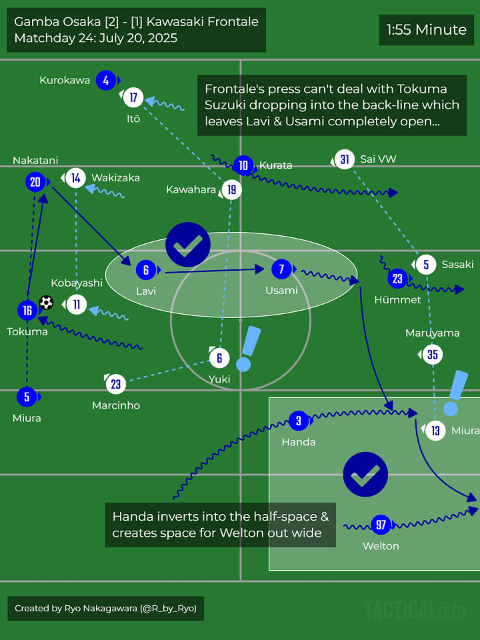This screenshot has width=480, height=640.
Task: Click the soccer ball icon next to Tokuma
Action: tap(46, 303)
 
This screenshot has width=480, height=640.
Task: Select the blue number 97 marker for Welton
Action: tap(381, 525)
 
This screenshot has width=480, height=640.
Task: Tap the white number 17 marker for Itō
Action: tap(133, 98)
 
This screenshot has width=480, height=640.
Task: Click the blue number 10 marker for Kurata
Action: tap(243, 165)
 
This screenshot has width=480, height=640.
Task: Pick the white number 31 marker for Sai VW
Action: tap(344, 159)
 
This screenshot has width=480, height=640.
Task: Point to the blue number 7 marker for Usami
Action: tap(281, 269)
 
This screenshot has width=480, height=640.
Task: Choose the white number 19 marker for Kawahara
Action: tap(231, 190)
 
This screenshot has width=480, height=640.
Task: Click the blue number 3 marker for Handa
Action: tap(299, 421)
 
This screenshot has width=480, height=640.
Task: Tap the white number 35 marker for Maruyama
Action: tap(433, 355)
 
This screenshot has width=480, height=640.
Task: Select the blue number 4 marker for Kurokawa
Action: tap(105, 81)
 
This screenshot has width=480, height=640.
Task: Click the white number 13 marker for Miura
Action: tap(435, 431)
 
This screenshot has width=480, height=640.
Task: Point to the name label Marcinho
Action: tap(116, 405)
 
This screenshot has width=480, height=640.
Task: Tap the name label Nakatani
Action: tap(35, 160)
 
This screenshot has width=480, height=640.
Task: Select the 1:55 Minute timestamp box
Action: tap(427, 30)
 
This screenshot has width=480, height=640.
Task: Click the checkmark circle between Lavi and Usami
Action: tap(188, 245)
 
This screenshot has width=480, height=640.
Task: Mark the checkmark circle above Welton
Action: tap(365, 475)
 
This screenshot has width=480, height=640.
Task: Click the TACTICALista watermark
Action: tap(415, 609)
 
